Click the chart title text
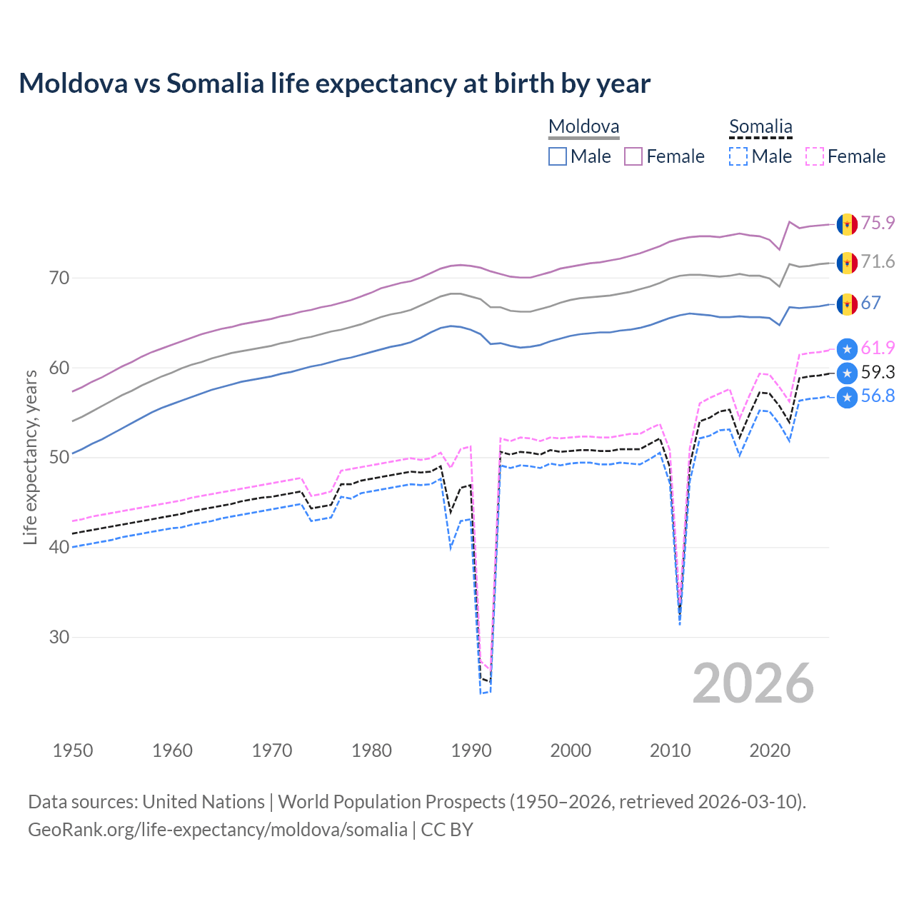(334, 84)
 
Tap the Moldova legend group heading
(583, 127)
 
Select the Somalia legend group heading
(760, 127)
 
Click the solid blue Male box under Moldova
(558, 156)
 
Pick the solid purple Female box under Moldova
(633, 156)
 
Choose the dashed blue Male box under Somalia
(738, 156)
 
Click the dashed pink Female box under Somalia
(815, 156)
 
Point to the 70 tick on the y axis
(59, 278)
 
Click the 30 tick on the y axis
(59, 637)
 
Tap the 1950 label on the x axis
(73, 750)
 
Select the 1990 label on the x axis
(471, 750)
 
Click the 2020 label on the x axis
(770, 750)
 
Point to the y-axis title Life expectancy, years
(31, 457)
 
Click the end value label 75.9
(878, 223)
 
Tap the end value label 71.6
(878, 262)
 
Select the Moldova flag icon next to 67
(847, 303)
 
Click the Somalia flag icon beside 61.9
(847, 348)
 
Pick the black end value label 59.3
(878, 372)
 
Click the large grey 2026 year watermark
(753, 683)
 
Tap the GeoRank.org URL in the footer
(218, 830)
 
